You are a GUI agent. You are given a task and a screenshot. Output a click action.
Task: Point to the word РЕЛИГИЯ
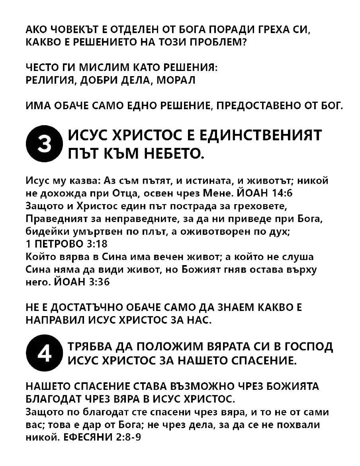50,80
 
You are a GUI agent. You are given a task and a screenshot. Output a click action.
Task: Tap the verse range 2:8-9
128,437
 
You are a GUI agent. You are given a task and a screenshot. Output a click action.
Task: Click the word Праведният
54,219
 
